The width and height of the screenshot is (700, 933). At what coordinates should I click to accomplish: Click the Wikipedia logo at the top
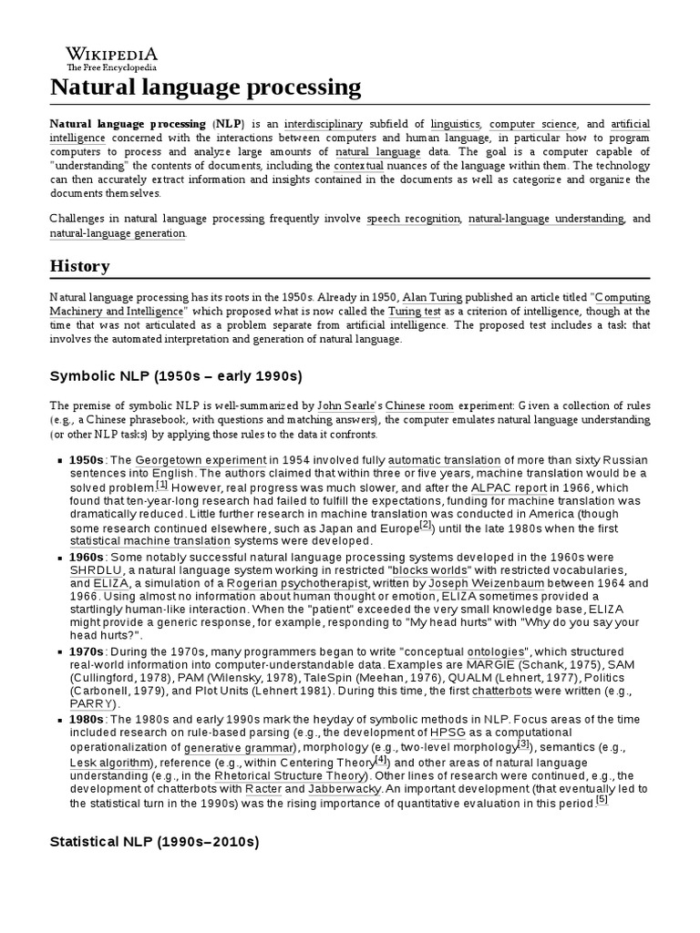tap(111, 56)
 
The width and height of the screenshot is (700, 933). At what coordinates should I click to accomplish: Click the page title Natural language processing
tap(205, 87)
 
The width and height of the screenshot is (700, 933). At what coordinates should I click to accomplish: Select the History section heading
tap(80, 266)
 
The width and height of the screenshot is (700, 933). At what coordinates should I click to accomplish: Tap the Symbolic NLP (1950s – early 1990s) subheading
tap(175, 375)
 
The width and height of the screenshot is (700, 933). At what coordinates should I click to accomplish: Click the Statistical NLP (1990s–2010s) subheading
tap(154, 843)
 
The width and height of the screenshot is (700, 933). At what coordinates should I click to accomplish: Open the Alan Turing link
tap(432, 297)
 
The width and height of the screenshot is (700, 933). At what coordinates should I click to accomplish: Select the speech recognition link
tap(414, 219)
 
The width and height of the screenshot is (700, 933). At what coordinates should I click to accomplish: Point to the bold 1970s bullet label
tap(87, 652)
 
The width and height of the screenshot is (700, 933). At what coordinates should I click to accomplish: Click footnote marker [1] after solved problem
tap(161, 485)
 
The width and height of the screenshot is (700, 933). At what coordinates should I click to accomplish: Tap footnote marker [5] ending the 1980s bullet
tap(602, 800)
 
